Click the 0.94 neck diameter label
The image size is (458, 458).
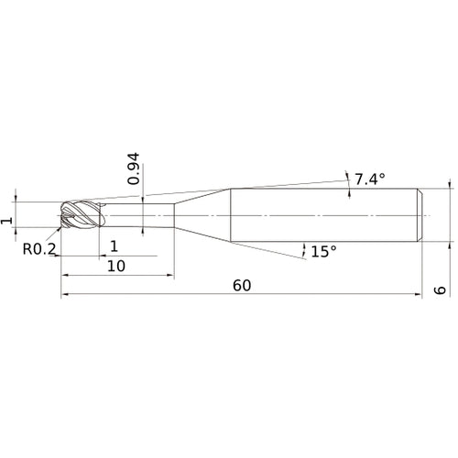tap(134, 169)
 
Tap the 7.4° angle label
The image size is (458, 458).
tap(370, 179)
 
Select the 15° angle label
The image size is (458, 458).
tap(323, 252)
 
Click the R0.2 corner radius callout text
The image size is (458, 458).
tap(39, 249)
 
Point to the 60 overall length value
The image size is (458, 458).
tap(242, 286)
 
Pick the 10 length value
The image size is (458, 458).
tap(116, 267)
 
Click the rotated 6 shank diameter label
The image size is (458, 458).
tap(440, 290)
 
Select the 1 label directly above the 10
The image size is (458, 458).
tap(114, 246)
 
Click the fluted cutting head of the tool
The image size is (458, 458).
tap(81, 214)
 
